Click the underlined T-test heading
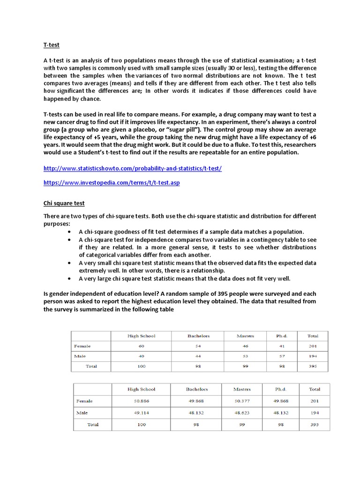52,45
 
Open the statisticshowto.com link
132,168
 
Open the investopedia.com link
112,182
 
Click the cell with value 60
141,346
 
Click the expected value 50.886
141,401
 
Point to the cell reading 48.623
242,413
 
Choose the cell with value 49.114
141,413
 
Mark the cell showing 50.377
242,401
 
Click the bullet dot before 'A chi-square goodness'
69,232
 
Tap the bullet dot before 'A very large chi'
69,278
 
